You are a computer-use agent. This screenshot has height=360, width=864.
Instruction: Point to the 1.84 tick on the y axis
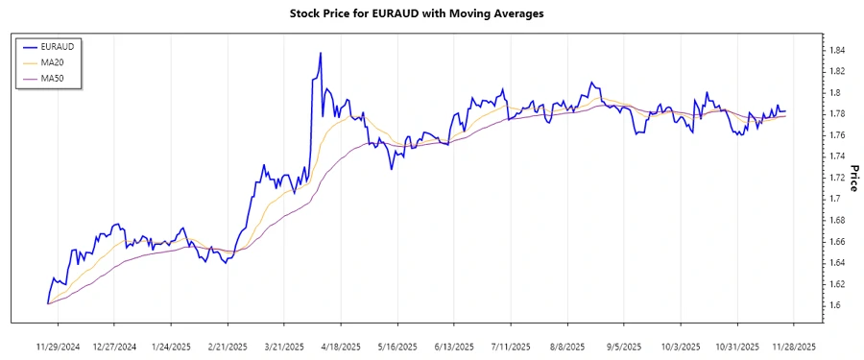837,50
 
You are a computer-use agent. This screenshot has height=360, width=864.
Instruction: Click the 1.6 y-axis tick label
834,305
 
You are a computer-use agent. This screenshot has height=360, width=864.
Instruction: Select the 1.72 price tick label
837,178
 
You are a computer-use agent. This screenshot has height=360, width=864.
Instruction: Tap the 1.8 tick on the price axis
834,92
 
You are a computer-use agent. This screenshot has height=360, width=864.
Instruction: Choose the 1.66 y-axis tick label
837,241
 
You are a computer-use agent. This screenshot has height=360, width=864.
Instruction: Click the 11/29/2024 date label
58,346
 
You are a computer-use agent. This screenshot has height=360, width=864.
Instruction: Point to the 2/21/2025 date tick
227,346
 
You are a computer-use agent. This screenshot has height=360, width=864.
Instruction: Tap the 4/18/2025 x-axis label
340,346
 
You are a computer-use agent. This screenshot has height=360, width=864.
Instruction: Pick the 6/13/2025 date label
453,346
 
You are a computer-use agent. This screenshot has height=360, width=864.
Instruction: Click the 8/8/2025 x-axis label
566,346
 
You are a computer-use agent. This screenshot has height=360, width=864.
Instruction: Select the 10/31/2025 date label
736,346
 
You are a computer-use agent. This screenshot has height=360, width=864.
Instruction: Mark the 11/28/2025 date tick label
793,346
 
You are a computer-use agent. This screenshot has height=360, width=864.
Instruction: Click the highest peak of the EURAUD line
320,53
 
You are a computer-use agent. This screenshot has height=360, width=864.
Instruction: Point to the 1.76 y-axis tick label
837,135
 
